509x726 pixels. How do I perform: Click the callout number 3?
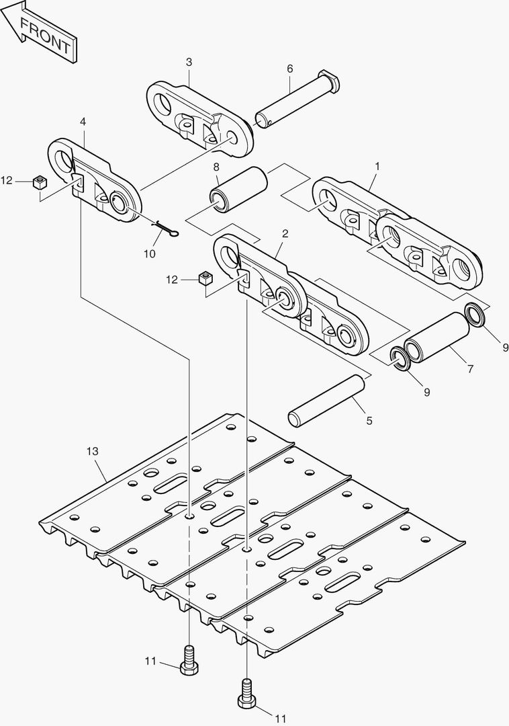coord(189,62)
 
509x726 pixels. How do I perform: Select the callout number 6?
coord(290,69)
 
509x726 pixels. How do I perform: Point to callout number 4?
coord(83,122)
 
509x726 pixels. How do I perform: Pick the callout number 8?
coord(216,167)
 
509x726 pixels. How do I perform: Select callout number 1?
coord(377,165)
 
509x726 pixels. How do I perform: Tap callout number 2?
coord(285,234)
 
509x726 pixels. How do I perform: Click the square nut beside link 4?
coord(41,182)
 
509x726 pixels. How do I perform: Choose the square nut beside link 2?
coord(205,279)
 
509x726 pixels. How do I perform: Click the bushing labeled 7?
coord(437,337)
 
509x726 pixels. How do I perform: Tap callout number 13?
coord(93,451)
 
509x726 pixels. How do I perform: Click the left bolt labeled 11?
coord(189,660)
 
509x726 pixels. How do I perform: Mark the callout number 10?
coord(149,253)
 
